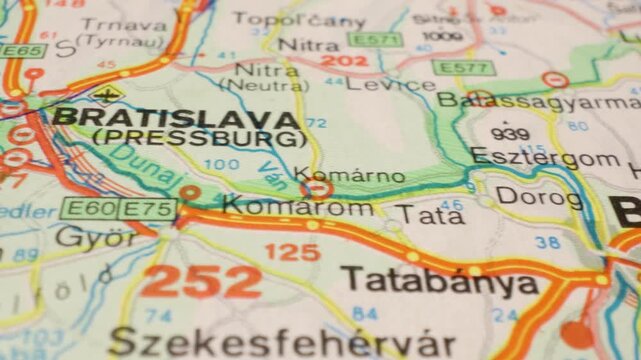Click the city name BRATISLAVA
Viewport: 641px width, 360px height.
[x=176, y=118]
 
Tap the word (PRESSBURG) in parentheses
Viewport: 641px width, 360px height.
[x=196, y=138]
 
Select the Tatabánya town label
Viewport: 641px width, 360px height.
[x=439, y=282]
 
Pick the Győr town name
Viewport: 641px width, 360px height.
[x=95, y=238]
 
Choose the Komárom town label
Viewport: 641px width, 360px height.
[x=298, y=207]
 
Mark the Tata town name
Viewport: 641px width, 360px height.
[x=415, y=214]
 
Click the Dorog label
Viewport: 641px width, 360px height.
[x=539, y=198]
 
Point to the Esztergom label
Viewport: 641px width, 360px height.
[x=544, y=158]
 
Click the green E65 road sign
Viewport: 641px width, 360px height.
[x=22, y=50]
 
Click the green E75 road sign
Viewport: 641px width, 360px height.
[x=148, y=208]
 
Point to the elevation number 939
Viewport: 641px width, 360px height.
[x=510, y=134]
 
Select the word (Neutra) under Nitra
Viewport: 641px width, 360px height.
[x=270, y=87]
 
